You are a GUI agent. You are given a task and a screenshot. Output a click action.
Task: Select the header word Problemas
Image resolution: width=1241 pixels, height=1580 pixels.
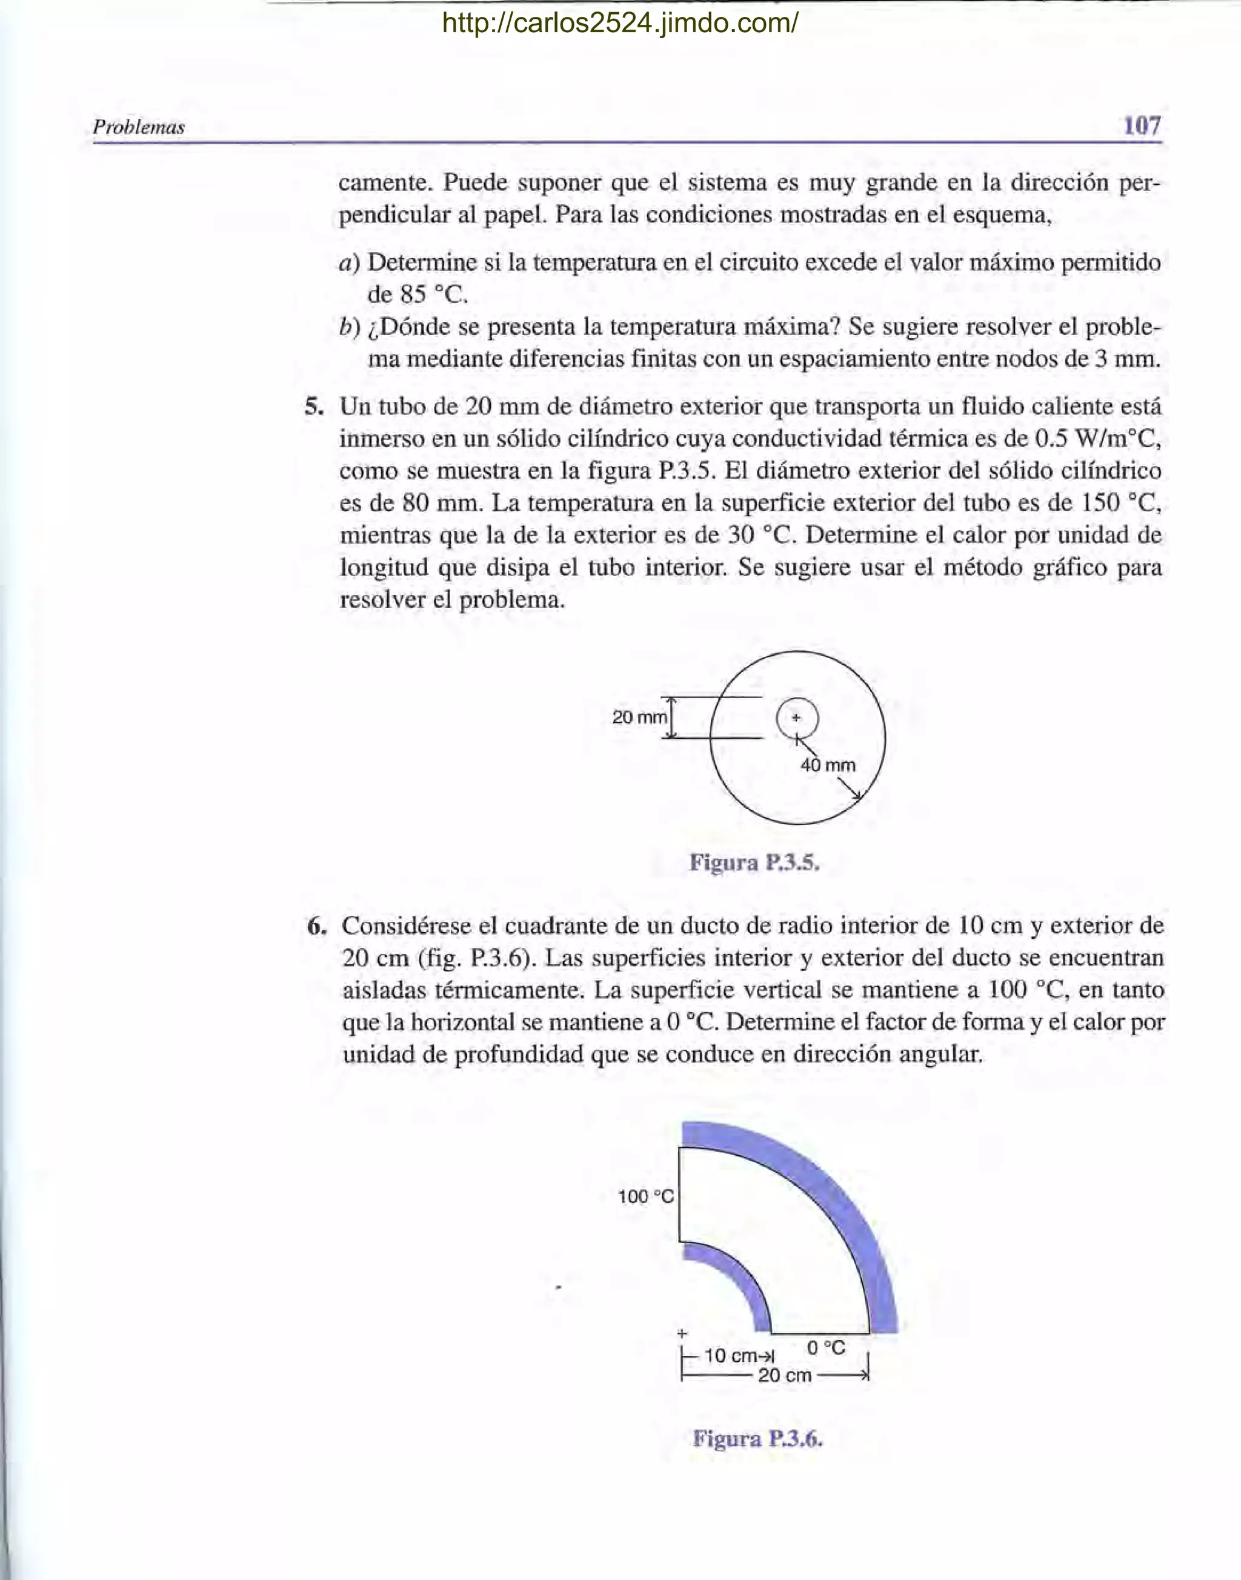coord(139,127)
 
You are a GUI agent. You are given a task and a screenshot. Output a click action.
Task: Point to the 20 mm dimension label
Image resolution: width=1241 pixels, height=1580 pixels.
coord(639,718)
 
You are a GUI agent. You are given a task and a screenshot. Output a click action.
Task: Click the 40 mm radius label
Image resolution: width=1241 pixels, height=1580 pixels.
coord(828,765)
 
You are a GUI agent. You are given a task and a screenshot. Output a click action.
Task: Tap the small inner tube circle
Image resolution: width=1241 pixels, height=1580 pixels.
coord(797,718)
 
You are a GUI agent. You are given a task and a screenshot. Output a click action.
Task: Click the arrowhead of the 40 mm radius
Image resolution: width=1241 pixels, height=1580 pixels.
coord(859,797)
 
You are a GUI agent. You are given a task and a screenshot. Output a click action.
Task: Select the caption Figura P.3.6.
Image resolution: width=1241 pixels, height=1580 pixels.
coord(757,1438)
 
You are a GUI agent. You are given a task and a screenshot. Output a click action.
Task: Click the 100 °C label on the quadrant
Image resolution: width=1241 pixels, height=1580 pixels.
coord(645,1196)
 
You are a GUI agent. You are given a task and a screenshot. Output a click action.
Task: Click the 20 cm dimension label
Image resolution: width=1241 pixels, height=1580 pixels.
coord(784,1375)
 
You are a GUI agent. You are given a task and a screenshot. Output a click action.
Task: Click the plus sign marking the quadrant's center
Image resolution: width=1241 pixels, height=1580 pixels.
coord(682,1333)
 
